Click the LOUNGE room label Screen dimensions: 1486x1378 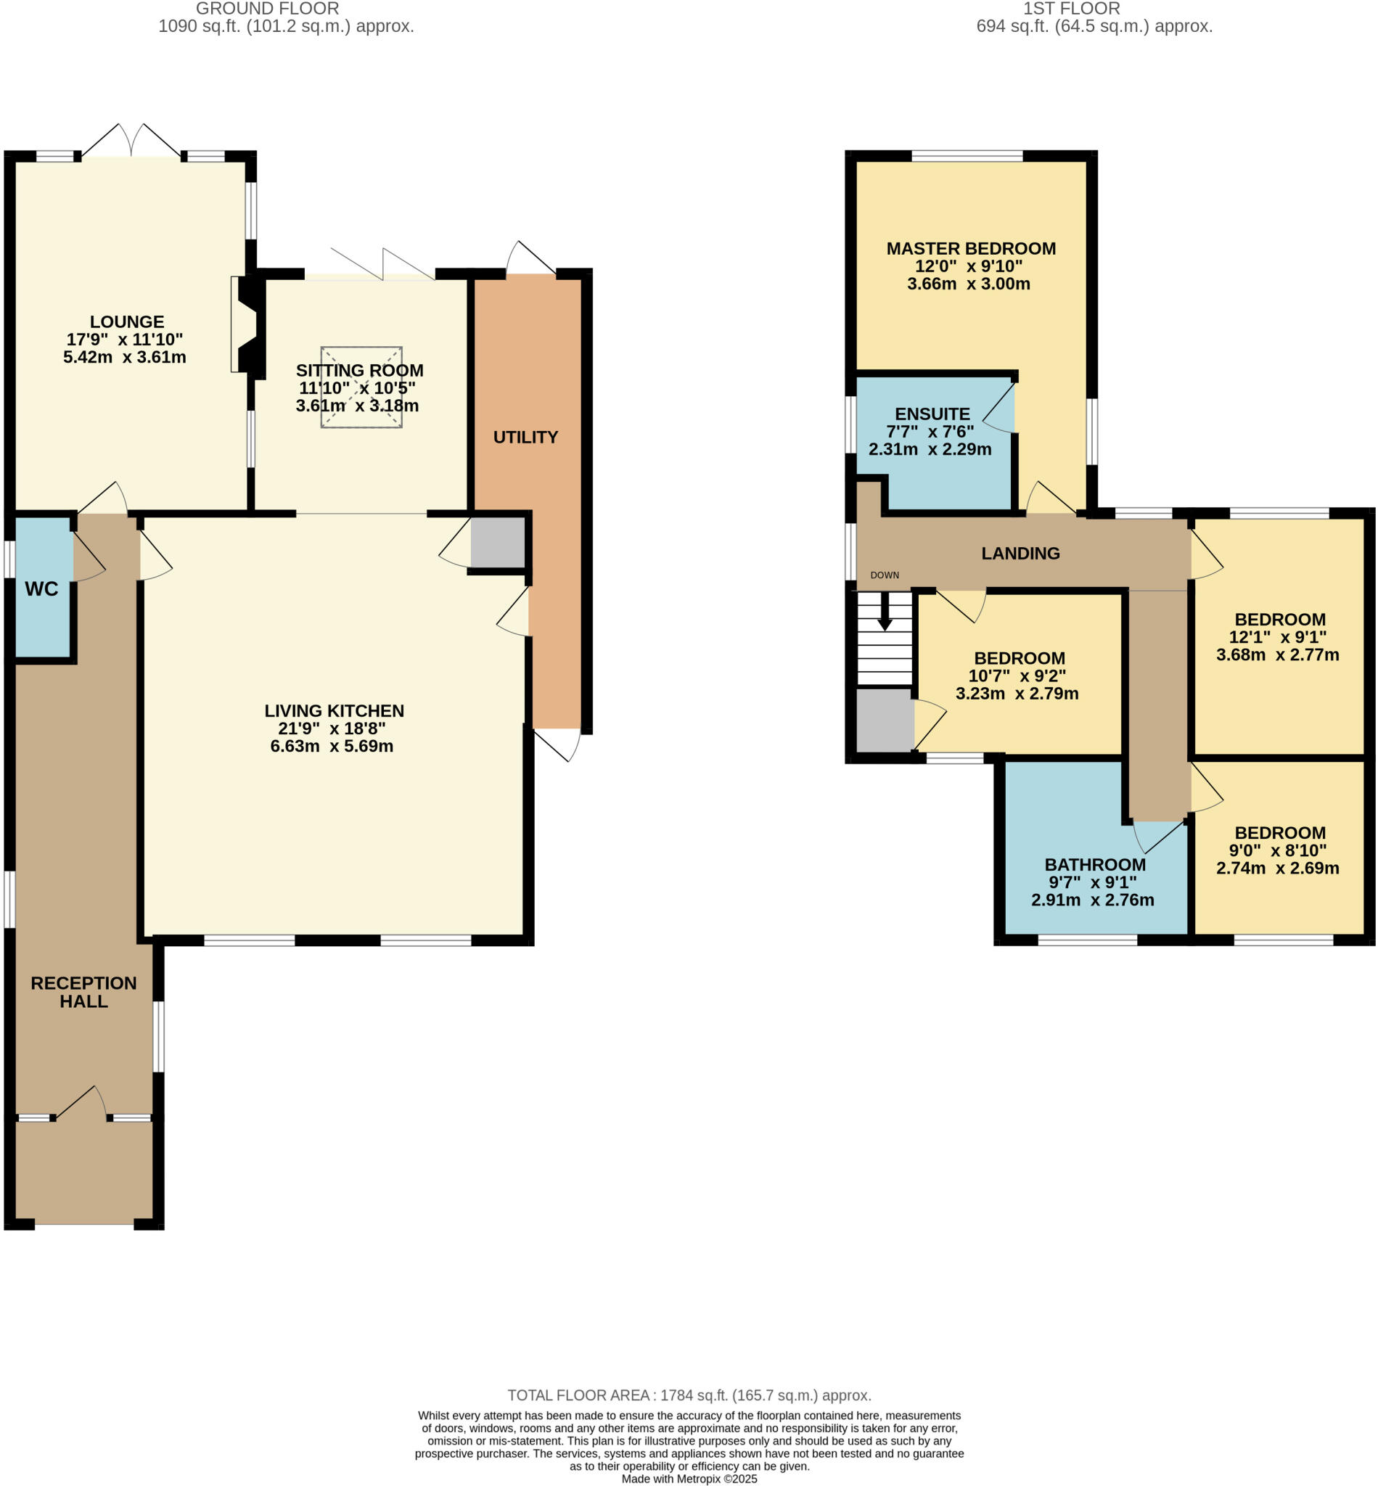(127, 322)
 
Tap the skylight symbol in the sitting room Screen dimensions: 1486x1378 (361, 387)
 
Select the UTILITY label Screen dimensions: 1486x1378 (525, 438)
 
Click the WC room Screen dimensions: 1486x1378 (42, 589)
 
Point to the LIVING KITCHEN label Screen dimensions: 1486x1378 (334, 710)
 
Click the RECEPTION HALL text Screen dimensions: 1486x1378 (83, 992)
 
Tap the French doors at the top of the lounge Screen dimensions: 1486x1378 (131, 141)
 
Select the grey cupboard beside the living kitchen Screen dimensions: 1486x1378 (497, 542)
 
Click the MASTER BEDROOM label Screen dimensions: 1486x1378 (971, 249)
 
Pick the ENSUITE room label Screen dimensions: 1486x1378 (932, 414)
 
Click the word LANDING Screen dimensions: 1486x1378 (1020, 553)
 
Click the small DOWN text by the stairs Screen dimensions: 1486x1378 (885, 575)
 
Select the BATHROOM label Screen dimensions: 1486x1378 (1095, 865)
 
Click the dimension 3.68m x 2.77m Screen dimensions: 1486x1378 (1277, 654)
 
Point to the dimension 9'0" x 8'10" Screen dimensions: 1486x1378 (1277, 850)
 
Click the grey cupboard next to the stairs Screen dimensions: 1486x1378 (885, 721)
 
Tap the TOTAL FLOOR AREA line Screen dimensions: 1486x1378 (689, 1395)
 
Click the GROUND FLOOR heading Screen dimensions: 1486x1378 (267, 9)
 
